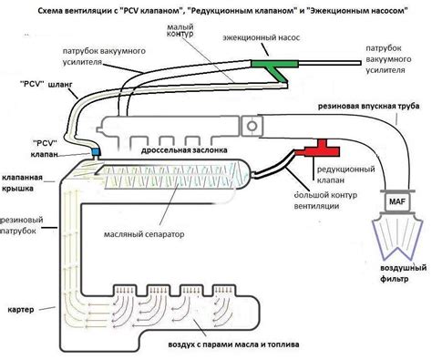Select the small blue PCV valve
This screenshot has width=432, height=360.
(95, 149)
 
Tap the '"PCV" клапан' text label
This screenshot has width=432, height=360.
(47, 148)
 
